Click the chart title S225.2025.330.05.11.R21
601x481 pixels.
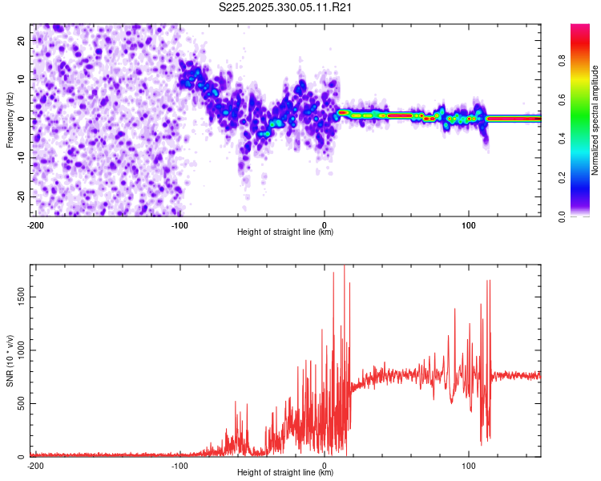pyautogui.click(x=286, y=7)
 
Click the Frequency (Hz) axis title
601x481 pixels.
pyautogui.click(x=10, y=119)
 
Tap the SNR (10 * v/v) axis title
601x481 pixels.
pyautogui.click(x=10, y=360)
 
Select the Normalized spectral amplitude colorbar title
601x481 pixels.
pyautogui.click(x=595, y=121)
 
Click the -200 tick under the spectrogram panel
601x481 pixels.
pyautogui.click(x=34, y=224)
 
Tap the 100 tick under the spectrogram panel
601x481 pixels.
pyautogui.click(x=469, y=224)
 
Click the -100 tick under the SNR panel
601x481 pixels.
pyautogui.click(x=179, y=465)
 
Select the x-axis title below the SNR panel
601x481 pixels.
pyautogui.click(x=285, y=473)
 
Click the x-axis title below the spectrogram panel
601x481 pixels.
pyautogui.click(x=285, y=232)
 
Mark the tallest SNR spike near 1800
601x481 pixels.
pyautogui.click(x=345, y=268)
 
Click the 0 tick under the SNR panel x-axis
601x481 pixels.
pyautogui.click(x=325, y=465)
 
